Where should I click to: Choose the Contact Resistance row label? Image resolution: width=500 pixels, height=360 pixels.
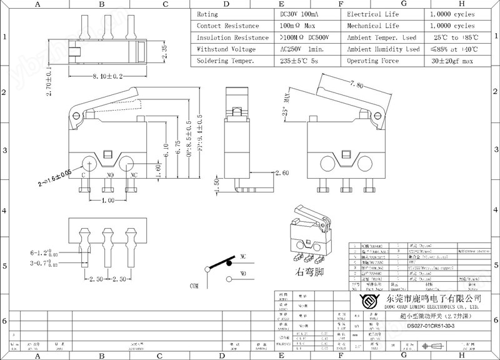[x=227, y=26]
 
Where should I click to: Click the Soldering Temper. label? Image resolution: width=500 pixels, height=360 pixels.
[x=226, y=61]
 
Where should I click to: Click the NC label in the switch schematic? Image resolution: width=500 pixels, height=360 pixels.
[x=242, y=256]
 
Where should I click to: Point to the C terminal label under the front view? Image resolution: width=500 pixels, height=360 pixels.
[x=83, y=176]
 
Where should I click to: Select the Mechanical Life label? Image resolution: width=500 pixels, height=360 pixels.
[x=373, y=26]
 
